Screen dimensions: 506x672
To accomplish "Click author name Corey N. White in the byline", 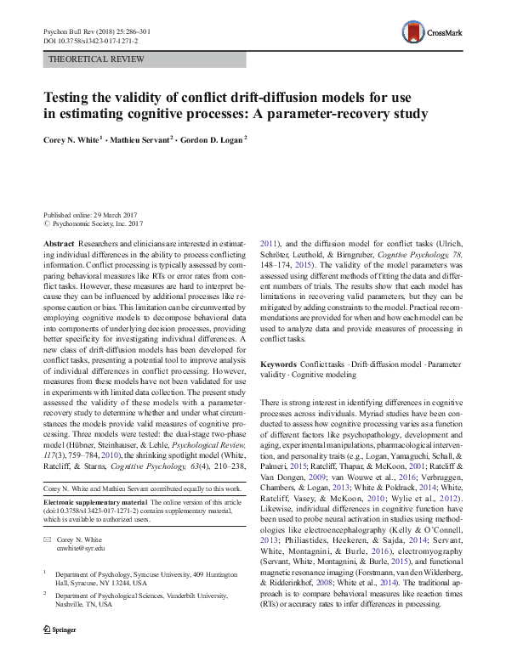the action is pyautogui.click(x=74, y=139).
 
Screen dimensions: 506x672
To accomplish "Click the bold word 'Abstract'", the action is pyautogui.click(x=58, y=243).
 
